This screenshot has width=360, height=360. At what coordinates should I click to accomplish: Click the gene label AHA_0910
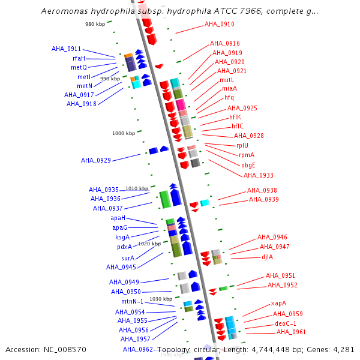219,25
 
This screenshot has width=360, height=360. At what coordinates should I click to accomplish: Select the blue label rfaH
79,58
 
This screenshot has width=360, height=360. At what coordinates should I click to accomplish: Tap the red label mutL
227,80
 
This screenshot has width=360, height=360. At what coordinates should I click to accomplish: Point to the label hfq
229,97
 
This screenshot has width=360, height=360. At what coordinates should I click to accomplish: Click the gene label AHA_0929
96,160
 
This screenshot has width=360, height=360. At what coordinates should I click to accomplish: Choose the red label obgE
248,165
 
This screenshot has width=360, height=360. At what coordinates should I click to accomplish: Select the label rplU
242,145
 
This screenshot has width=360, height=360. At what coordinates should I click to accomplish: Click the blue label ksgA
122,237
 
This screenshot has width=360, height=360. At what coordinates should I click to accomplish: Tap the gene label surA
128,258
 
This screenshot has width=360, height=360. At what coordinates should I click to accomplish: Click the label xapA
278,304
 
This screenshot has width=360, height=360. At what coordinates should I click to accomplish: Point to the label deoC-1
286,323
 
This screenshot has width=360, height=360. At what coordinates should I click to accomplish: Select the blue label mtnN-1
133,301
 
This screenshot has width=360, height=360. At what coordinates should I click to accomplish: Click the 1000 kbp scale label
124,133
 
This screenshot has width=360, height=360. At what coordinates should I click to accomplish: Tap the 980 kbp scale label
95,24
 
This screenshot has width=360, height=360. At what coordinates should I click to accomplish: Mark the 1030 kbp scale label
161,299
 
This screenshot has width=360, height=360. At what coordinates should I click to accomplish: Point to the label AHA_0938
262,191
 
